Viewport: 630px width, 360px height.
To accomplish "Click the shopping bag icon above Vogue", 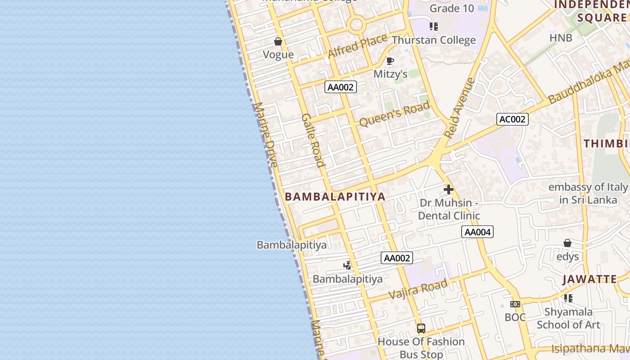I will (x=278, y=41).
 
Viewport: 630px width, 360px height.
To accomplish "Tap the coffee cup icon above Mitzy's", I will (x=390, y=61).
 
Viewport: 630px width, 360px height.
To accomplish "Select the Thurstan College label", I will (x=433, y=40).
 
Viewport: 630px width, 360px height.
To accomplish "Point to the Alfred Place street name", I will (x=357, y=46).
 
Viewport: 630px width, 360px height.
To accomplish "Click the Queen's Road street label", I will (x=394, y=114).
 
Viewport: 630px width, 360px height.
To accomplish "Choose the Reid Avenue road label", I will (x=459, y=108).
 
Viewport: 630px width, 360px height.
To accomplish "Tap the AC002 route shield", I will (x=513, y=119).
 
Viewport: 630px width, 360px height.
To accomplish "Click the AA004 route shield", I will (x=477, y=232).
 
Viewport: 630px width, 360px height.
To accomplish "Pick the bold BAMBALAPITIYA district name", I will (x=335, y=197).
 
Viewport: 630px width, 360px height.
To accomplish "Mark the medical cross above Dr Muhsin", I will (x=448, y=189).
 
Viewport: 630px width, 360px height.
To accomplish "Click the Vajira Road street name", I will (x=418, y=289).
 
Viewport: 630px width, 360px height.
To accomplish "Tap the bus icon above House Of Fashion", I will (x=421, y=328).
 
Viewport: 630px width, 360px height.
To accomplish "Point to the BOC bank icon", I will (x=515, y=304).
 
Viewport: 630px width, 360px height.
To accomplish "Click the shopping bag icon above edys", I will (x=567, y=243).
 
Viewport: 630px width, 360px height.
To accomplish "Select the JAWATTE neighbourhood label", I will (x=589, y=279).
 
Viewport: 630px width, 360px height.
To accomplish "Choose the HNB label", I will (x=561, y=38).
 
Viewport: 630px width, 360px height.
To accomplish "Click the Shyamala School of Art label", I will (x=568, y=318).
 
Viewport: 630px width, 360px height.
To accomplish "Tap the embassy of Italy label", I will (x=588, y=193).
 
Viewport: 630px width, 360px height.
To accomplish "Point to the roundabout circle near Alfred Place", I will (x=356, y=24).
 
